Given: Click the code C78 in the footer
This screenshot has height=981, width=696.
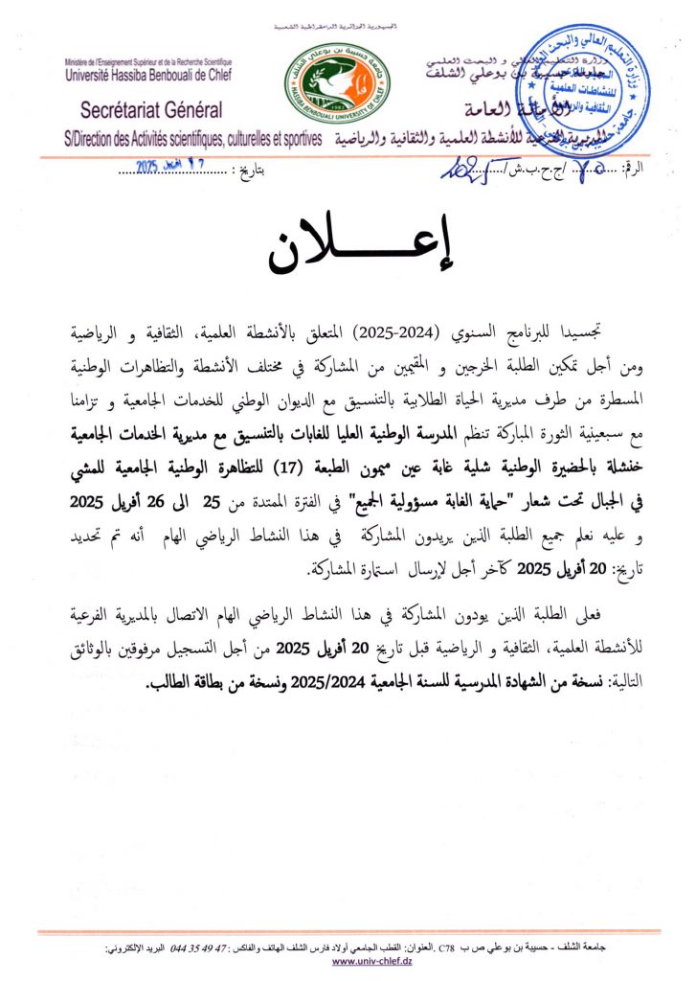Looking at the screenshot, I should (x=447, y=947).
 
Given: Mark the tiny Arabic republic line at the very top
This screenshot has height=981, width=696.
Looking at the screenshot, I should (x=347, y=20).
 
